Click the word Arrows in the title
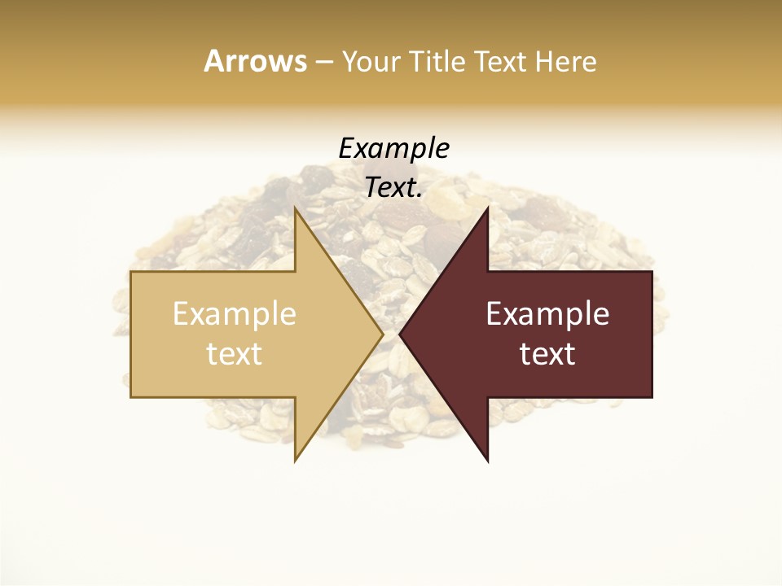point(255,61)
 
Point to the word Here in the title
point(565,62)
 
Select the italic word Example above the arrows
point(394,149)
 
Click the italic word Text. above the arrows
point(394,188)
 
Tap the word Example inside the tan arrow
point(235,314)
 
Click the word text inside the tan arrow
point(235,354)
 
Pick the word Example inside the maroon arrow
point(547,314)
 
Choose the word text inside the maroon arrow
point(547,354)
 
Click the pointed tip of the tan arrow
point(381,335)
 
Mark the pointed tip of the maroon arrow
point(401,335)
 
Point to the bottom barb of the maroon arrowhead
point(487,460)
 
